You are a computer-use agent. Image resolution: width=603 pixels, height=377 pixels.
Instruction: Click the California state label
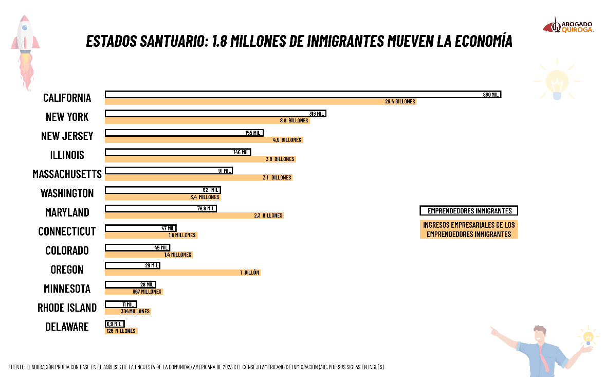tap(67, 98)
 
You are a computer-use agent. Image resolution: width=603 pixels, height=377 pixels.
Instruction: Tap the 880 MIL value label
tap(491, 95)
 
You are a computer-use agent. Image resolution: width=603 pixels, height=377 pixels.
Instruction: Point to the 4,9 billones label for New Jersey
tap(287, 140)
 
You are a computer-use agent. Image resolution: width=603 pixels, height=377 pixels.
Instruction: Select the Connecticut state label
tap(67, 231)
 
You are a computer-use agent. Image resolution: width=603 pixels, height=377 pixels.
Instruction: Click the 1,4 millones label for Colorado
tap(178, 255)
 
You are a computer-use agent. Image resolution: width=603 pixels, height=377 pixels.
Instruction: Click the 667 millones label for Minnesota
tap(147, 292)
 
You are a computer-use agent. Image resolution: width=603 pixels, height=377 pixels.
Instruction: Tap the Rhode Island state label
tap(67, 308)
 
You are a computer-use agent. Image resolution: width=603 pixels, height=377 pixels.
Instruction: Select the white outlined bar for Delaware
tap(114, 324)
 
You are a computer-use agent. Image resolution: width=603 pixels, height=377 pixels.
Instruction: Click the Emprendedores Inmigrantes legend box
tap(469, 211)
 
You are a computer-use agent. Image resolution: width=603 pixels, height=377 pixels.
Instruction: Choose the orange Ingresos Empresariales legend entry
tap(469, 229)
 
